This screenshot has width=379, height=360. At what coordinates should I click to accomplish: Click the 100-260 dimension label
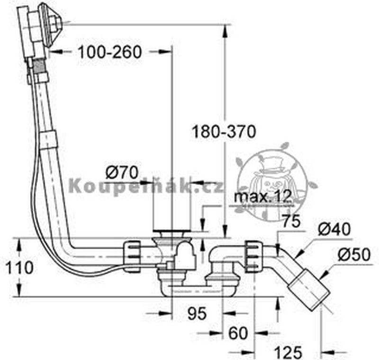click(x=110, y=52)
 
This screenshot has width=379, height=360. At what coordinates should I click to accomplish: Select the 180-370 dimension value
click(x=224, y=131)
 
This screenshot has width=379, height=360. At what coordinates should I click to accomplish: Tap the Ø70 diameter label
click(x=122, y=170)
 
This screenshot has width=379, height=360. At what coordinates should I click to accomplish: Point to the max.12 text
click(x=263, y=197)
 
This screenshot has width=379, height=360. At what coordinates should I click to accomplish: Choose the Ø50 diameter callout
click(x=353, y=255)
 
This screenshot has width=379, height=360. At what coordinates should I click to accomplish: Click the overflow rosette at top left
click(x=50, y=21)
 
